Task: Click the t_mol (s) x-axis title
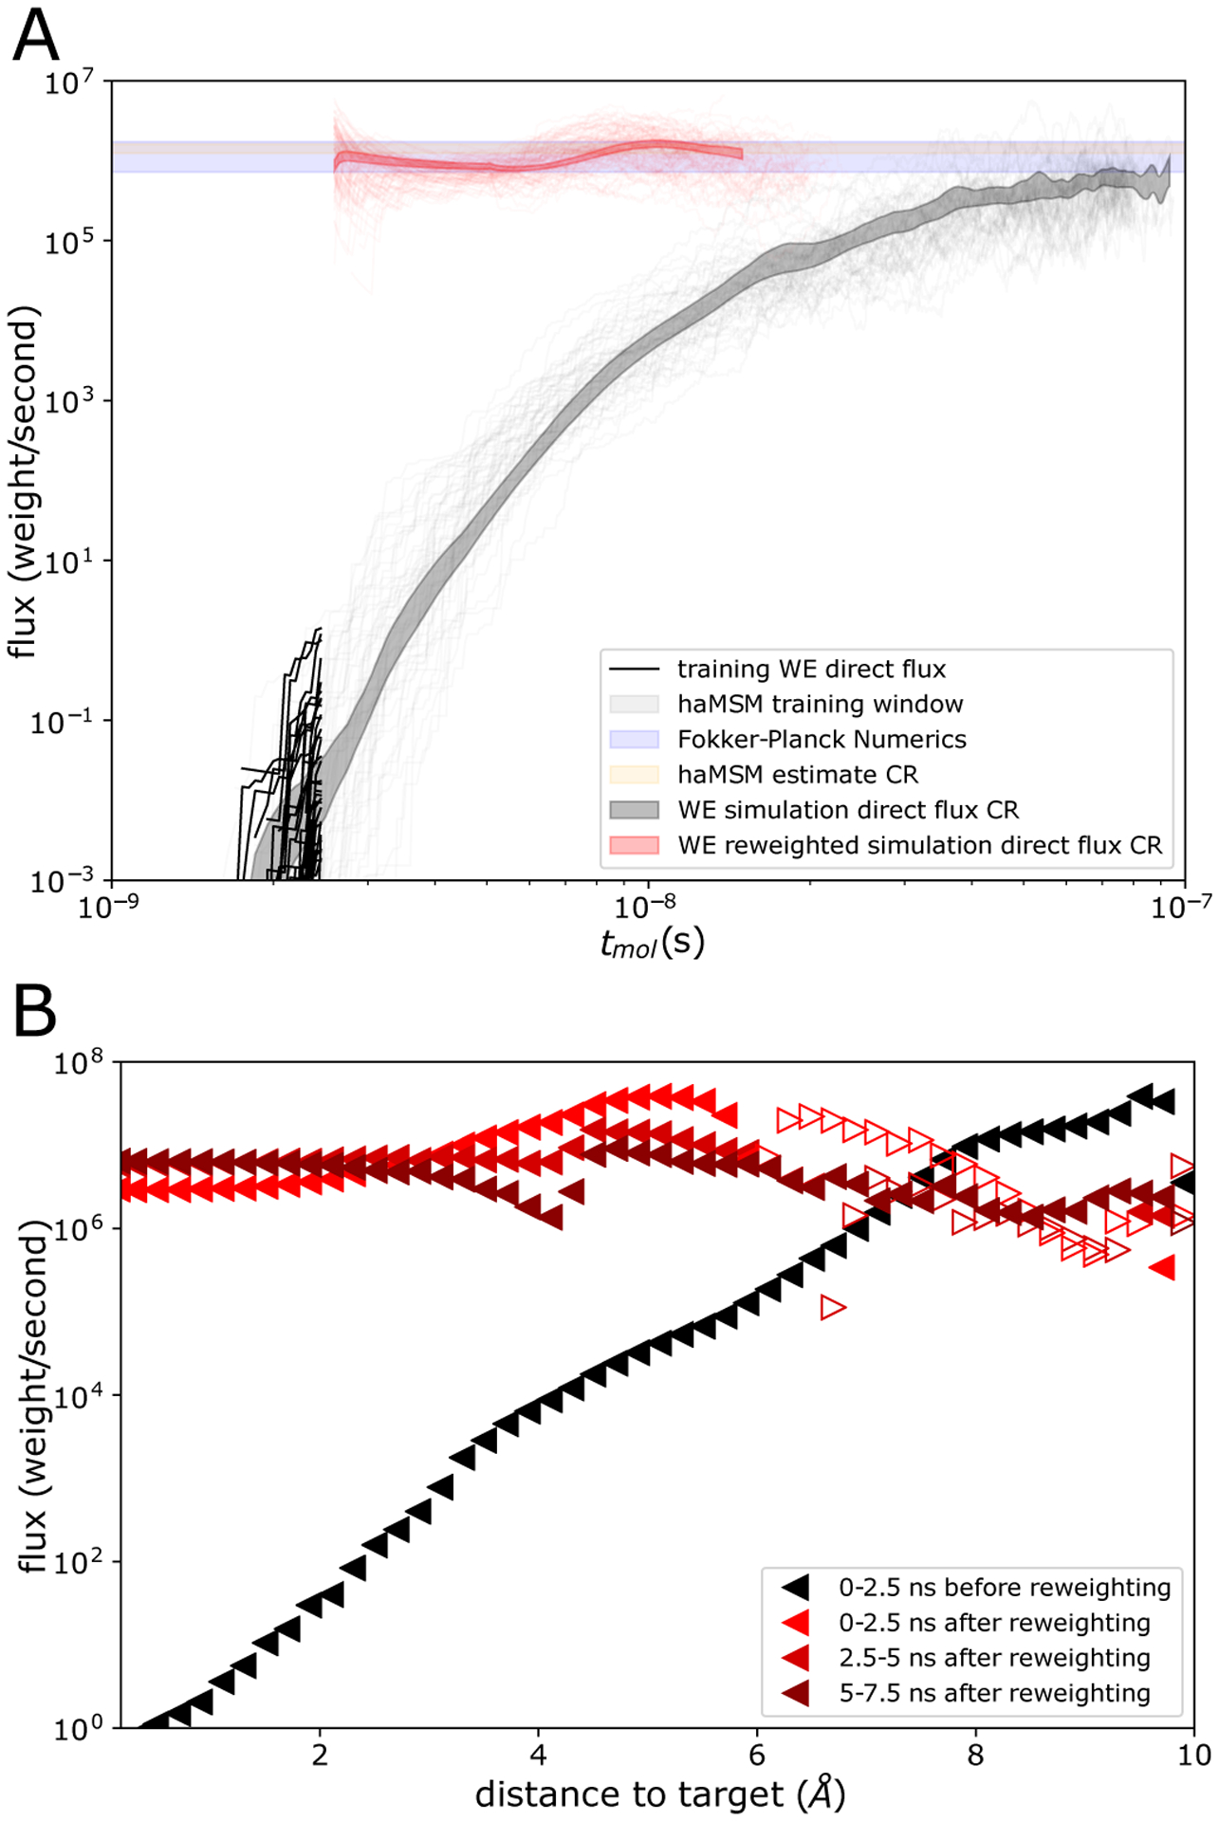pos(653,943)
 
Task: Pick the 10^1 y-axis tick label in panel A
pos(69,562)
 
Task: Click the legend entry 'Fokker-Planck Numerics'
pos(821,739)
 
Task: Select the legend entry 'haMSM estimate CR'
pos(797,774)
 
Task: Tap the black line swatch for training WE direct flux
pos(634,669)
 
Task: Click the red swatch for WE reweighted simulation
pos(634,845)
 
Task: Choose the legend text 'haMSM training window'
pos(820,704)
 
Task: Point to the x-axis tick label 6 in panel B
pos(757,1755)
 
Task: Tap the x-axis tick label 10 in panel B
pos(1193,1755)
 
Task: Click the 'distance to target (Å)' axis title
pos(659,1794)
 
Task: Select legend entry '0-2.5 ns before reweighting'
pos(1004,1587)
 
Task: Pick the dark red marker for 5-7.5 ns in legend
pos(795,1693)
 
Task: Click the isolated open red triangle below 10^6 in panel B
pos(832,1308)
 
